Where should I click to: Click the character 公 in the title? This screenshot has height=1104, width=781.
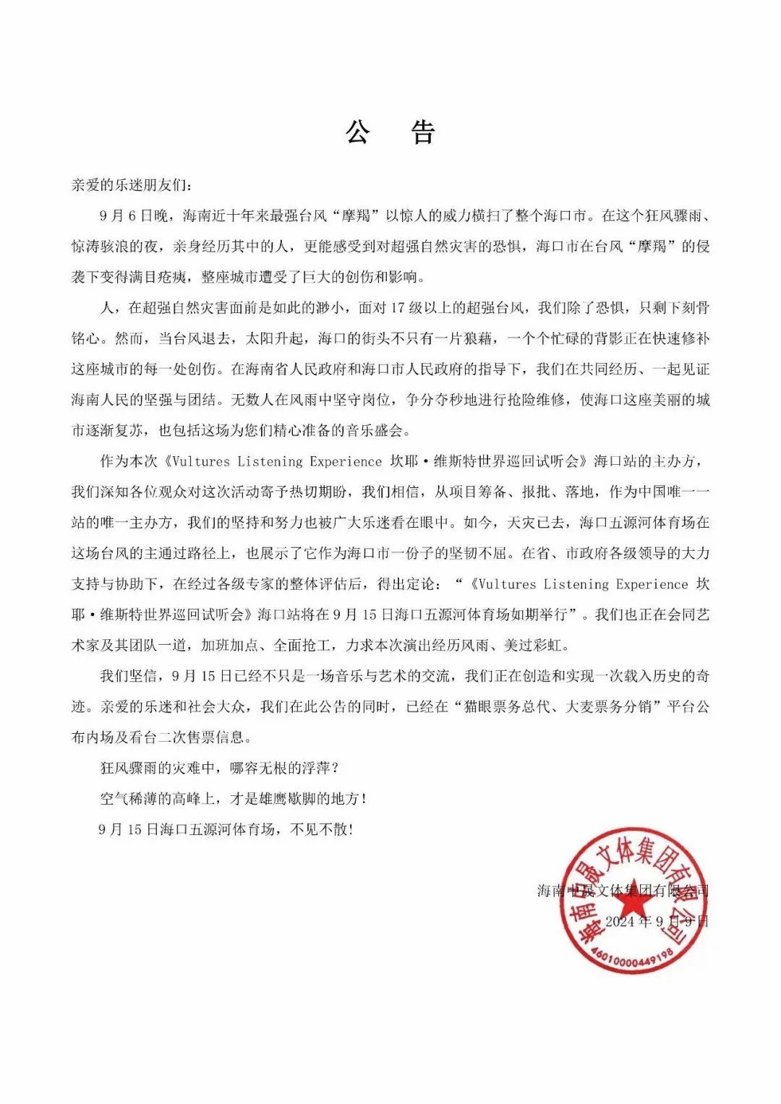tap(358, 132)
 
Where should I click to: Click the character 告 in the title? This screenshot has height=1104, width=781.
tap(423, 132)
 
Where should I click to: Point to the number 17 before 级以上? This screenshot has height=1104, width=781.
tap(397, 308)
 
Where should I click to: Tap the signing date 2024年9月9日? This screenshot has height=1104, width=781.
tap(657, 922)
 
